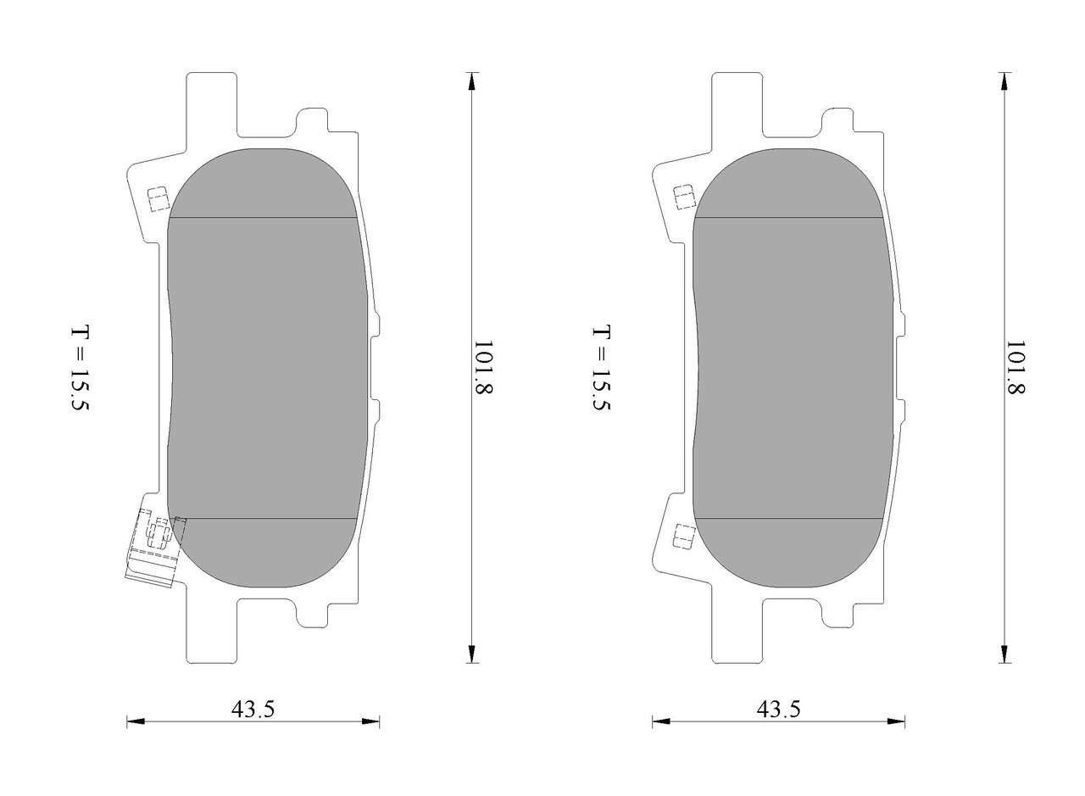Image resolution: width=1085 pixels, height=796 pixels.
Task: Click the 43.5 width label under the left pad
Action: click(253, 708)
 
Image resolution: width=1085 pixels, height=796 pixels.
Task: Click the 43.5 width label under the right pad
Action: click(778, 708)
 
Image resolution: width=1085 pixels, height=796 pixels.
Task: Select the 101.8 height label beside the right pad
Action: click(1015, 368)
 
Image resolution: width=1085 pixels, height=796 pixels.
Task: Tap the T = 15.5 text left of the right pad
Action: click(601, 368)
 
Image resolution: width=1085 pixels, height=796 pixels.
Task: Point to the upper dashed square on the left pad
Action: click(158, 199)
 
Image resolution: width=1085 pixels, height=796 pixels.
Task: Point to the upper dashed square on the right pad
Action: click(684, 198)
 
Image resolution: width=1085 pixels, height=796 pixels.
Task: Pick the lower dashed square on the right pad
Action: click(684, 537)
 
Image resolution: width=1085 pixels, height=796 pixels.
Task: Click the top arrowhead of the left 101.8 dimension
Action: click(472, 81)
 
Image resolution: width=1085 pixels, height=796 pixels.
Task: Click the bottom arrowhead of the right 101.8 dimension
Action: click(1004, 654)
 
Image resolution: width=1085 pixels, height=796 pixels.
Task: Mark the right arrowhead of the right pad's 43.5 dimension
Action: click(896, 721)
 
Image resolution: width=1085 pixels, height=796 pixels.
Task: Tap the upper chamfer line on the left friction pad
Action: click(263, 218)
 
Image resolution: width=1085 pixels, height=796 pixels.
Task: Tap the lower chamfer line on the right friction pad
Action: click(788, 518)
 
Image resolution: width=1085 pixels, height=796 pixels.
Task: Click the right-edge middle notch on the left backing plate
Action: click(375, 368)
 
